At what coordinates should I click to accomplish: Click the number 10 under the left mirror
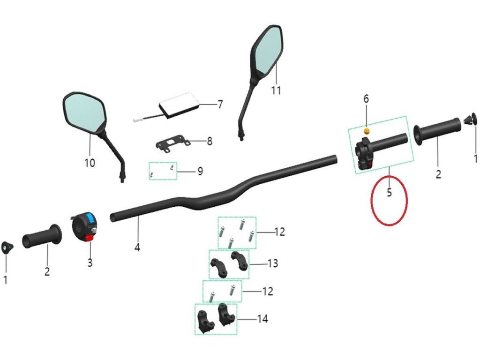point(90,163)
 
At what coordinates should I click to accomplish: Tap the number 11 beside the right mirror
point(276,90)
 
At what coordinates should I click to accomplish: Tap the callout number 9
point(200,171)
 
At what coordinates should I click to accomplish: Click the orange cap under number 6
point(367,130)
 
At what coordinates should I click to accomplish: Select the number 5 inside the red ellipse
point(389,193)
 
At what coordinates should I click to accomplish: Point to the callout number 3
point(90,263)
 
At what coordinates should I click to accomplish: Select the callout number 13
point(273,263)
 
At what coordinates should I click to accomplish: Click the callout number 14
point(263,319)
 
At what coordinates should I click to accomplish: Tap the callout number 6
point(366,99)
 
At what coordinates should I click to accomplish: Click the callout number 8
point(210,141)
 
